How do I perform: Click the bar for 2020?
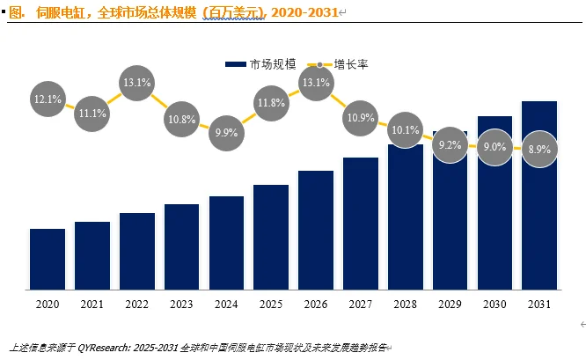click(48, 259)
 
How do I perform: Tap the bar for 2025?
click(271, 237)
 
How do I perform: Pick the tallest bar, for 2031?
click(539, 195)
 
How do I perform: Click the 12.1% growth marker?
click(48, 99)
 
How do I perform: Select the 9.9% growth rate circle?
click(226, 132)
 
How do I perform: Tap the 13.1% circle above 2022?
click(137, 82)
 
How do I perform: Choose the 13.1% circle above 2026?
click(316, 82)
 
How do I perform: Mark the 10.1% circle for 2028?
click(406, 130)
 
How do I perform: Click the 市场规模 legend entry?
click(260, 64)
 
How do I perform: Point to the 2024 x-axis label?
click(226, 304)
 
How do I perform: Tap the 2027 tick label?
click(361, 304)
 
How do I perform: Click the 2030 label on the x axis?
click(494, 304)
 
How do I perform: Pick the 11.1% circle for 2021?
click(92, 114)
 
